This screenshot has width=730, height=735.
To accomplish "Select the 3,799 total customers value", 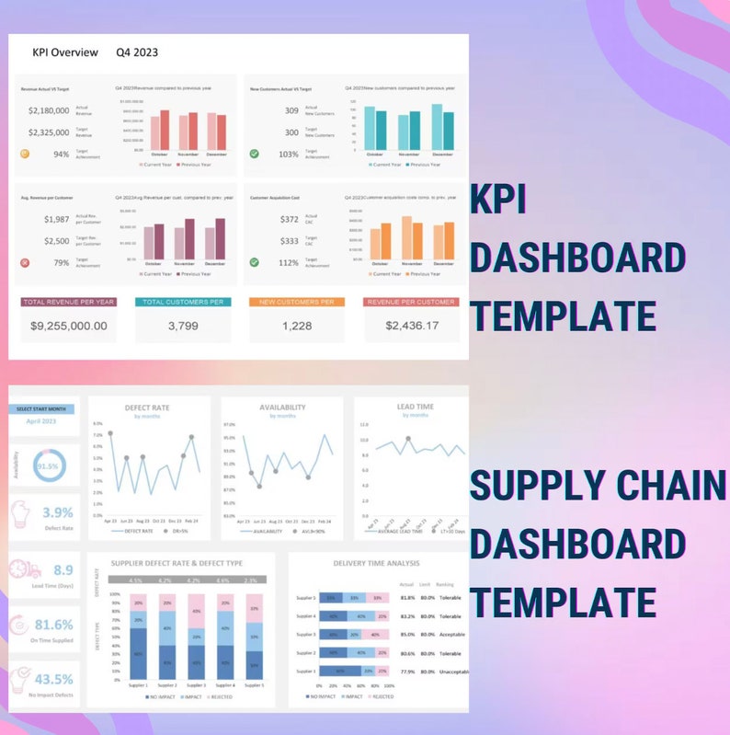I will point(183,326).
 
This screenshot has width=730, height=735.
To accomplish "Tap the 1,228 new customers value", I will point(296,326).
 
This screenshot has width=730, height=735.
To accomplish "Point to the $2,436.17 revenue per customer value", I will point(411,326).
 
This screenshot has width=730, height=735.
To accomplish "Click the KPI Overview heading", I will point(65,52).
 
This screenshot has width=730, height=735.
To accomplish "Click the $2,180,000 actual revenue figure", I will point(49,110).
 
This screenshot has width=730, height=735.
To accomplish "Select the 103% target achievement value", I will point(288,154).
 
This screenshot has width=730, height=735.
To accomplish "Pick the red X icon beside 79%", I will point(25,262).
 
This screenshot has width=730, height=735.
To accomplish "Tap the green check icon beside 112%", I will point(254,262).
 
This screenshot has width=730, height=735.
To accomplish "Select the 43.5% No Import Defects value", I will point(53,680).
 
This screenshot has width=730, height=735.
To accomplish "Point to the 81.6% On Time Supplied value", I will point(53,626).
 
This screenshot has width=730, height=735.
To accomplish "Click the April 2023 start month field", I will point(41,422).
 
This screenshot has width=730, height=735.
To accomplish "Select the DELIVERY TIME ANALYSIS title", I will point(377,562).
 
